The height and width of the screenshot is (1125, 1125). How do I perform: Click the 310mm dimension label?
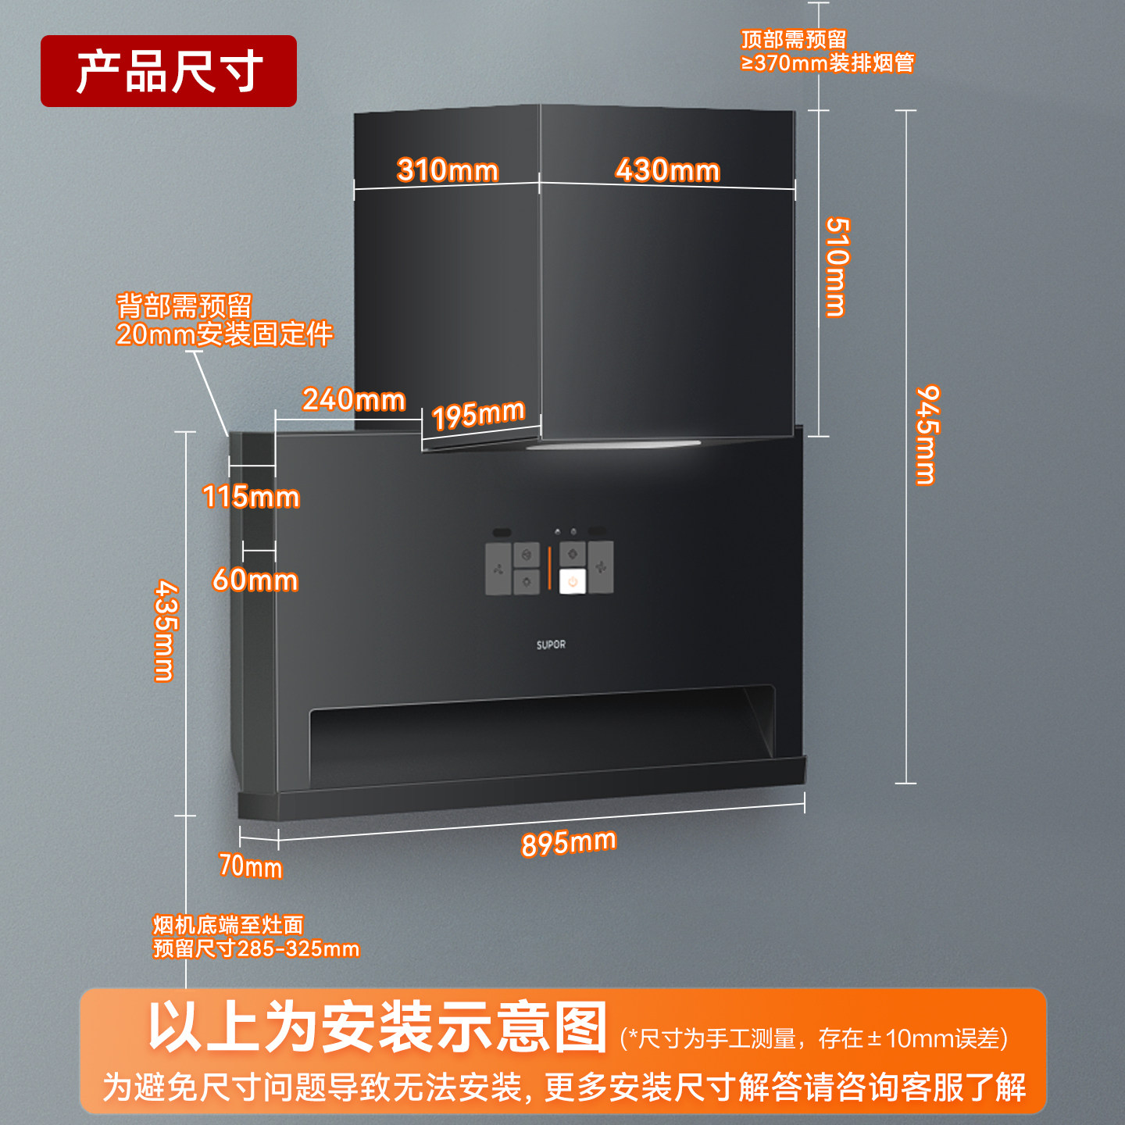(x=448, y=170)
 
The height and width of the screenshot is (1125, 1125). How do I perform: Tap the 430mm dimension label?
(x=667, y=170)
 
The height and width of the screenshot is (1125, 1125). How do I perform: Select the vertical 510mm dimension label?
(x=837, y=267)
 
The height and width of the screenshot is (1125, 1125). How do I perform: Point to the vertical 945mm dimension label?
(x=927, y=434)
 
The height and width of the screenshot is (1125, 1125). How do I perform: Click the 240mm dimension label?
(x=354, y=399)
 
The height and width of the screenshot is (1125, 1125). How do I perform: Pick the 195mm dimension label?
(x=478, y=414)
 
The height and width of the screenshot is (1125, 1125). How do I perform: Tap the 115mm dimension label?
(x=251, y=497)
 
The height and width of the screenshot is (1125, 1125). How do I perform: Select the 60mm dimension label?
(x=255, y=580)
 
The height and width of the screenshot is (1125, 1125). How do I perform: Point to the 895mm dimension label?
(x=569, y=843)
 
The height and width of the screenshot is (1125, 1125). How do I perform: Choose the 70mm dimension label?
(x=250, y=866)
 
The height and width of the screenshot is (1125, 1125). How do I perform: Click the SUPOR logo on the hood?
(x=551, y=645)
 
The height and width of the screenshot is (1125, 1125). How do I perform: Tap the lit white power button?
(x=573, y=581)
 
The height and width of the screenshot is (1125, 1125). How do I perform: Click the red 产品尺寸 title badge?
(x=169, y=71)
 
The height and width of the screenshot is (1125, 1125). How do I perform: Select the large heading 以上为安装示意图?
(x=378, y=1027)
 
